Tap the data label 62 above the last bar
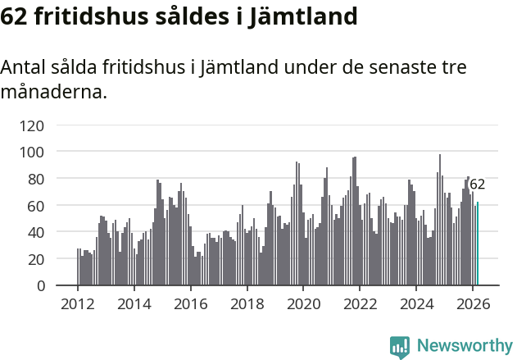pos(477,185)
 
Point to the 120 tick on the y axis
pos(33,125)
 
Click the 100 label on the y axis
pos(33,152)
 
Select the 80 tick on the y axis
pos(37,179)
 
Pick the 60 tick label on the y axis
pos(37,206)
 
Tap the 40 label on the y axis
pos(37,232)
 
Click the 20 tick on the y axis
pos(37,259)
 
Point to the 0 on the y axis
pos(41,285)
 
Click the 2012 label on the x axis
pos(78,303)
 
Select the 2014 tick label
pos(134,303)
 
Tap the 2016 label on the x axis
pos(191,303)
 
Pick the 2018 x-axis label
pos(247,303)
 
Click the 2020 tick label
pos(304,303)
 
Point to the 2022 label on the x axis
pos(361,303)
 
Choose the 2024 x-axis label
pos(417,303)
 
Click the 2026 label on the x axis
pos(474,303)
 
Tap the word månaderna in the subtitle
pos(53,92)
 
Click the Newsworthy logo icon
pos(400,347)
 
